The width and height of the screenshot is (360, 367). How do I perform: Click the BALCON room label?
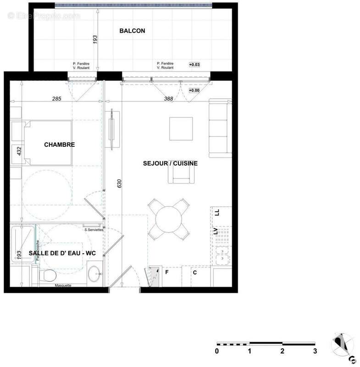pos(132,31)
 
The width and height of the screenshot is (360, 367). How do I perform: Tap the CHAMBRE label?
pos(59,145)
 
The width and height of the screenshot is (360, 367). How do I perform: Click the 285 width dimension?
pos(56,99)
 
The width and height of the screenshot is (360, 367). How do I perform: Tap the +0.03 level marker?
pos(194,65)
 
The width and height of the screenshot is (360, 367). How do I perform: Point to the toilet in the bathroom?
pos(47,276)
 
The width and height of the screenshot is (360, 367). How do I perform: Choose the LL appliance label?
pos(217,212)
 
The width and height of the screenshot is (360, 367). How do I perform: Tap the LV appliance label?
pos(215,231)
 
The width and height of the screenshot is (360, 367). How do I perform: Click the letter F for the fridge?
pos(167,272)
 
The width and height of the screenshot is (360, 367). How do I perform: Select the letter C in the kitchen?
pos(194,272)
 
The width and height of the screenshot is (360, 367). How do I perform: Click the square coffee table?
pos(181,129)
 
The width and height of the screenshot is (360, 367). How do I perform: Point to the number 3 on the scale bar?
pos(315,351)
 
